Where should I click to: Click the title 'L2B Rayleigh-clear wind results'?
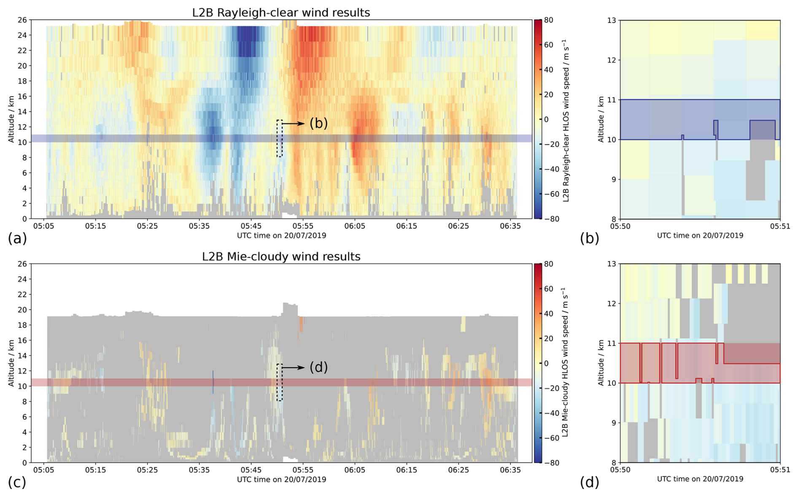(x=281, y=13)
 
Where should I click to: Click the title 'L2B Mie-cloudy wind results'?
(x=281, y=257)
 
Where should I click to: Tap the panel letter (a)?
(x=17, y=238)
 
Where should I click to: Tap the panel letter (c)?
(x=17, y=482)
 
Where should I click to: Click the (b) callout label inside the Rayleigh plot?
(x=318, y=123)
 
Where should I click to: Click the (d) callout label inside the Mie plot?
(x=318, y=367)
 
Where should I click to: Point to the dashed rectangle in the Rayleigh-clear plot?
(x=279, y=138)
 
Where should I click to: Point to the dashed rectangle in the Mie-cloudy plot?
(x=279, y=382)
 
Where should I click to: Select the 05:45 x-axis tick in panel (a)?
(x=251, y=226)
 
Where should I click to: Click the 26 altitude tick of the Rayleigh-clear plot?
(x=22, y=20)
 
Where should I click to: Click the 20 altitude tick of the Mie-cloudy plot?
(x=22, y=310)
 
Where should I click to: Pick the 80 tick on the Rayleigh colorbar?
(x=549, y=20)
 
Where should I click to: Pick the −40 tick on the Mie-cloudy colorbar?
(x=550, y=413)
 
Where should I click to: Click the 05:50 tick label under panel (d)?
(x=620, y=470)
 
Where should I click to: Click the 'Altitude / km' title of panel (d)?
(x=601, y=363)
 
